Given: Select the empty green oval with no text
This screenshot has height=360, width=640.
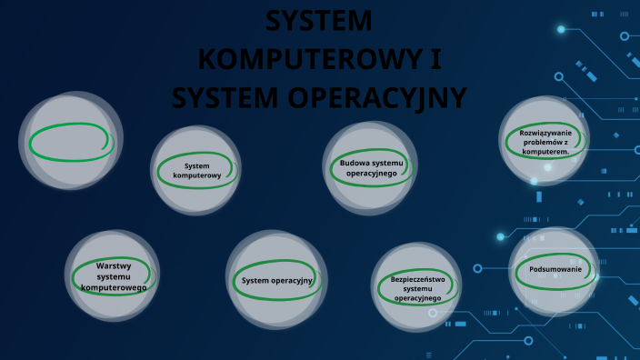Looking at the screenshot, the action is click(69, 142).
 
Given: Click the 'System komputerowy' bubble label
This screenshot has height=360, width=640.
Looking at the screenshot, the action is click(196, 170).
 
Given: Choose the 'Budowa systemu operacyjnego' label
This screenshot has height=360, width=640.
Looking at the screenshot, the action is click(371, 167).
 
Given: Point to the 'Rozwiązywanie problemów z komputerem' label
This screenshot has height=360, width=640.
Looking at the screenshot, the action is click(545, 142).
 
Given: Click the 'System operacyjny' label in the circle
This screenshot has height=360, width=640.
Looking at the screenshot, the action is click(277, 280).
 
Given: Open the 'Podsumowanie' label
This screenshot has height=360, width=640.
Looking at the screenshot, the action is click(555, 269).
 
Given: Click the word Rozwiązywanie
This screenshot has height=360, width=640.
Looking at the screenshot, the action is click(546, 133).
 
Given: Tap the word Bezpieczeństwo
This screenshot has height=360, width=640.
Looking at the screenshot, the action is click(418, 279).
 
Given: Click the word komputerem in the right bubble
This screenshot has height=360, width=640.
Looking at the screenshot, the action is click(545, 152).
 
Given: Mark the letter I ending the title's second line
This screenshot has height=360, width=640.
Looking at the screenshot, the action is click(438, 57).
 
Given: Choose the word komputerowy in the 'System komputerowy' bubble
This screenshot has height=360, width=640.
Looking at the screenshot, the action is click(197, 175).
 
